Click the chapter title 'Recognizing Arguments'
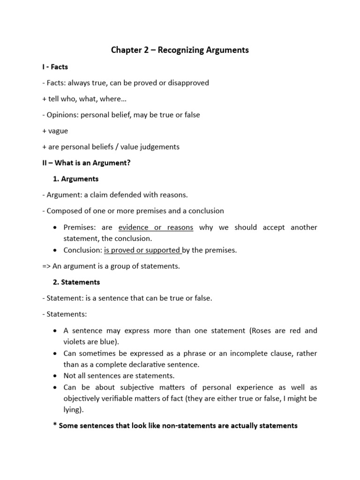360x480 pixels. pyautogui.click(x=203, y=50)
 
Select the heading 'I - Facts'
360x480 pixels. pyautogui.click(x=54, y=67)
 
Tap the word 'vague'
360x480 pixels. pyautogui.click(x=58, y=131)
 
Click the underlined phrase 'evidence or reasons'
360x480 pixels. pyautogui.click(x=156, y=227)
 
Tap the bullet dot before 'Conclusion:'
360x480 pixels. pyautogui.click(x=56, y=250)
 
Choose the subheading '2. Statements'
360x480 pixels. pyautogui.click(x=76, y=282)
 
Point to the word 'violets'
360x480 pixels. pyautogui.click(x=75, y=342)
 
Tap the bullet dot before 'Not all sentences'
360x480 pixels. pyautogui.click(x=56, y=376)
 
